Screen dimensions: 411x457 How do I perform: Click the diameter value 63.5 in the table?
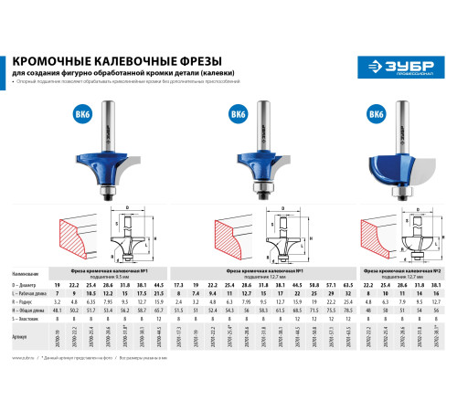[346, 286]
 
